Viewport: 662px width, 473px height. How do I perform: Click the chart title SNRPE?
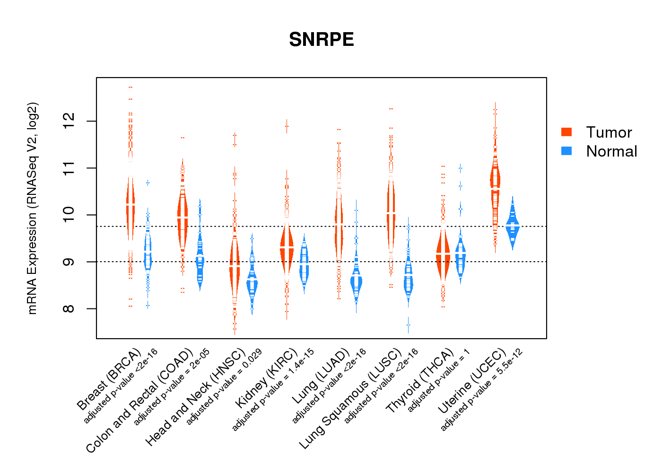322,40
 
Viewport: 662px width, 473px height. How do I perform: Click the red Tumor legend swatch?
566,132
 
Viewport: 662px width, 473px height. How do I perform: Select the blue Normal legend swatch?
566,151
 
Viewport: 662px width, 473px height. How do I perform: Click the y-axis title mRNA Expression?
32,208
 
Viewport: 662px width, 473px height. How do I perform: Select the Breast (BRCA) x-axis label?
109,379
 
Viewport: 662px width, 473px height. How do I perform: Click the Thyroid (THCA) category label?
420,381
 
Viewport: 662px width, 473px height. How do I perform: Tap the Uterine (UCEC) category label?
472,382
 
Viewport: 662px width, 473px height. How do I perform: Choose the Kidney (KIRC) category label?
267,378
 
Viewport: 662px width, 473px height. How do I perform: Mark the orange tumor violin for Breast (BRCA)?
130,203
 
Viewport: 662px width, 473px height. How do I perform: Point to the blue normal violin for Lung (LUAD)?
356,281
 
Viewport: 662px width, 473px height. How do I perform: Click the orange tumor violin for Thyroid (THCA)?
443,255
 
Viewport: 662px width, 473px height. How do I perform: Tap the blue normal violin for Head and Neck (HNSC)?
252,284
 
